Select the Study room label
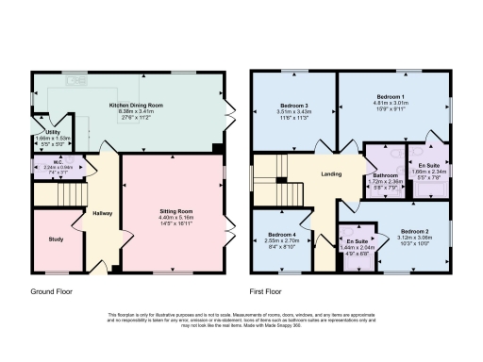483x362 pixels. [x=55, y=239]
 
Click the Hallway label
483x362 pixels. [x=102, y=213]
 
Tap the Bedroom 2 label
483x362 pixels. [x=414, y=231]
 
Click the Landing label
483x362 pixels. [x=331, y=174]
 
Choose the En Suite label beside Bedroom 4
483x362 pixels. [x=356, y=240]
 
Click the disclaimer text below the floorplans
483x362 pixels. [x=241, y=319]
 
